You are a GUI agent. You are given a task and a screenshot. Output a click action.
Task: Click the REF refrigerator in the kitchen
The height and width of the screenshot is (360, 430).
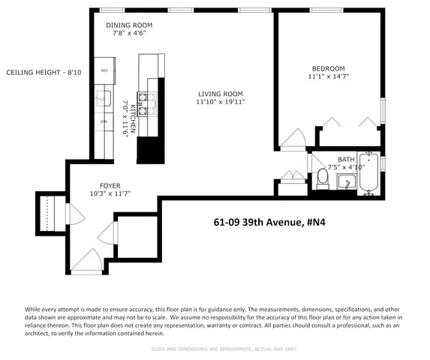tap(104, 71)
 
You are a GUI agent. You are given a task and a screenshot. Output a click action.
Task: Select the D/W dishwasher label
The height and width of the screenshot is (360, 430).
tap(104, 121)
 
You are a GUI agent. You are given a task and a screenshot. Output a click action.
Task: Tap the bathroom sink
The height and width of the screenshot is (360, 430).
tap(346, 182)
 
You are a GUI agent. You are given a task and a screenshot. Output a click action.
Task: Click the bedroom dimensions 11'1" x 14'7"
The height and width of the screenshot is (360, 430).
tap(329, 76)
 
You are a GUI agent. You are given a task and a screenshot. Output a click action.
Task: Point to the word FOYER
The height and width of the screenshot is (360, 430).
tap(110, 185)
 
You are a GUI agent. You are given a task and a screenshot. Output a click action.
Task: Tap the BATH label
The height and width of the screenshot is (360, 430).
tap(346, 159)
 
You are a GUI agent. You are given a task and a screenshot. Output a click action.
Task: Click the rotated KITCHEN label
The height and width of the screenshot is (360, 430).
tap(134, 118)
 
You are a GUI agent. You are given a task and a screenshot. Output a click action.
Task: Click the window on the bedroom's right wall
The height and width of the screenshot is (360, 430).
tap(382, 108)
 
